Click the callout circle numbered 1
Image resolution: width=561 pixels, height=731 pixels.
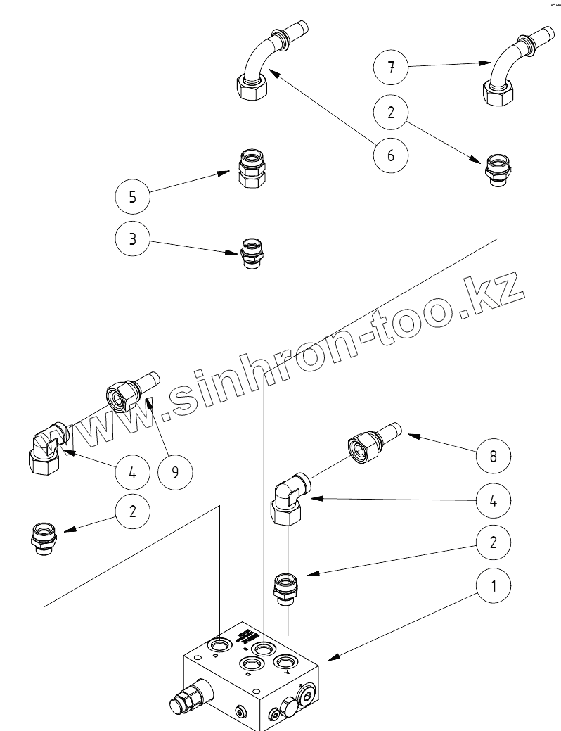tap(494, 585)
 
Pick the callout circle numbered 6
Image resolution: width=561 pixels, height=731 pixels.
tap(391, 155)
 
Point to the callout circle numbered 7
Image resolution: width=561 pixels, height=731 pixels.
tap(391, 68)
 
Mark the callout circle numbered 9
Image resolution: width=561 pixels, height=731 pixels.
tap(175, 471)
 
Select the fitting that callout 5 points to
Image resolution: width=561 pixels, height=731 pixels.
tap(251, 170)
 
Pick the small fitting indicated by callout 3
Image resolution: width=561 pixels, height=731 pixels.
tap(251, 251)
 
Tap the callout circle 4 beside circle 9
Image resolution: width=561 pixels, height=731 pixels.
tap(133, 471)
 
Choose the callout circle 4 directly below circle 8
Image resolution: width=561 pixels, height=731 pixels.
tap(494, 500)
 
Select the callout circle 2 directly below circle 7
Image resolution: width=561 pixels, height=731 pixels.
tap(391, 112)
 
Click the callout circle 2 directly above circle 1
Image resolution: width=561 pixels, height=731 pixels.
tap(494, 542)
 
